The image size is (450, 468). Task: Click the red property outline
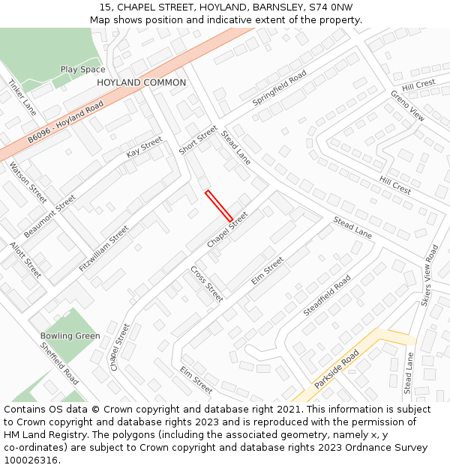pos(219,205)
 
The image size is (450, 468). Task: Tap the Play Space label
pos(82,70)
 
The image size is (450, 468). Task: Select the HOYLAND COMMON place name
pos(141,82)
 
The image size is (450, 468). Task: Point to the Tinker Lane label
pos(22,97)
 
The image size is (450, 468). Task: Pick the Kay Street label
pos(144,147)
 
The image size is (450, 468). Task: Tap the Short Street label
pos(197,140)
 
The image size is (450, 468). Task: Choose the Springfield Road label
pos(279,87)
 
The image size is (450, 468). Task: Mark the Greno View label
pos(407,106)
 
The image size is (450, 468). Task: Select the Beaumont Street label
pos(49,216)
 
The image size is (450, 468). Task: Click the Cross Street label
pos(206,284)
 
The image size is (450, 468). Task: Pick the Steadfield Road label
pos(327,295)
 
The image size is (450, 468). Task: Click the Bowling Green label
pos(70,336)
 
